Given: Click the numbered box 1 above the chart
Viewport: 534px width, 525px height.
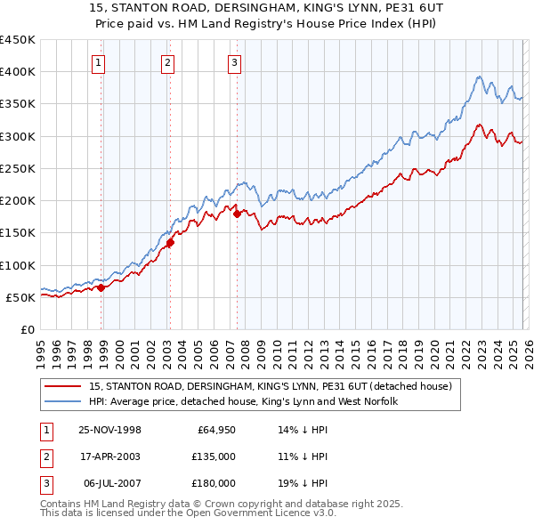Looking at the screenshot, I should [97, 62].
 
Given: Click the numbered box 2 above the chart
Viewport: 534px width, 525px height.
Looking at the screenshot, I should [166, 62].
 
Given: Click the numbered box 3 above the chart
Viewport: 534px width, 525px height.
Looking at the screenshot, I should [233, 62].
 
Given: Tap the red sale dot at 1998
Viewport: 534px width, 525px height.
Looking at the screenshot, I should [101, 287].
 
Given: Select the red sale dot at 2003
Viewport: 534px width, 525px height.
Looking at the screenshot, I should [170, 242].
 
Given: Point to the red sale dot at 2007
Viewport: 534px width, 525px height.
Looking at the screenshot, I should [237, 214].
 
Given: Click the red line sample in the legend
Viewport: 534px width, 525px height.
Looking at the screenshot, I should [64, 386].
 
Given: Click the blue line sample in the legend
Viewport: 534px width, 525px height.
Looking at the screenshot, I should [64, 401].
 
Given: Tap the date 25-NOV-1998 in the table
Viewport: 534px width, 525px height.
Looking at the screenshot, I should [110, 430].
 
